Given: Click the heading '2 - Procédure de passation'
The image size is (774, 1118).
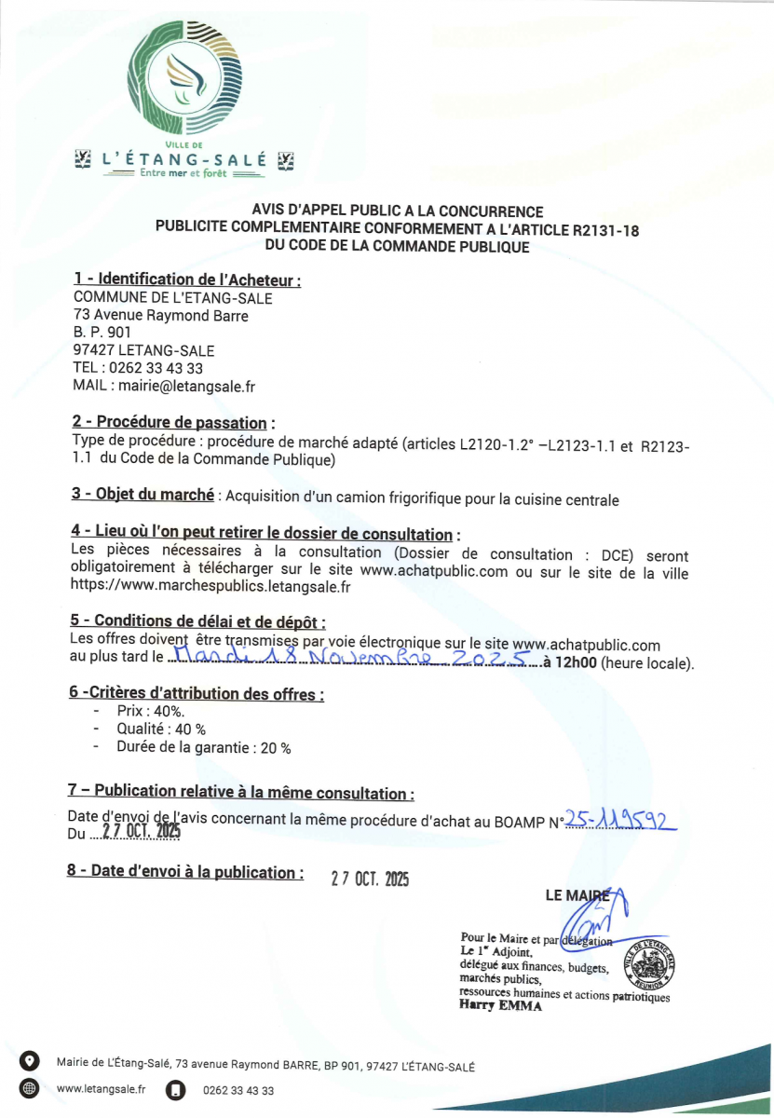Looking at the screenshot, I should (x=173, y=423).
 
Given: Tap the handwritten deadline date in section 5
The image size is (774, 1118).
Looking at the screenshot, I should (x=354, y=661).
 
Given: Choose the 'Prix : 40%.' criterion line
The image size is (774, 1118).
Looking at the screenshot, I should (x=150, y=711).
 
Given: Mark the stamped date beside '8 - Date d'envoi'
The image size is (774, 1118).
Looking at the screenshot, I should (x=370, y=878).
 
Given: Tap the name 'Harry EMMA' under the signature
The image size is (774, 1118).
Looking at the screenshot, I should (x=500, y=1007).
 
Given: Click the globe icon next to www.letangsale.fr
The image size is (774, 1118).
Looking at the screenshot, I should (x=29, y=1088).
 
